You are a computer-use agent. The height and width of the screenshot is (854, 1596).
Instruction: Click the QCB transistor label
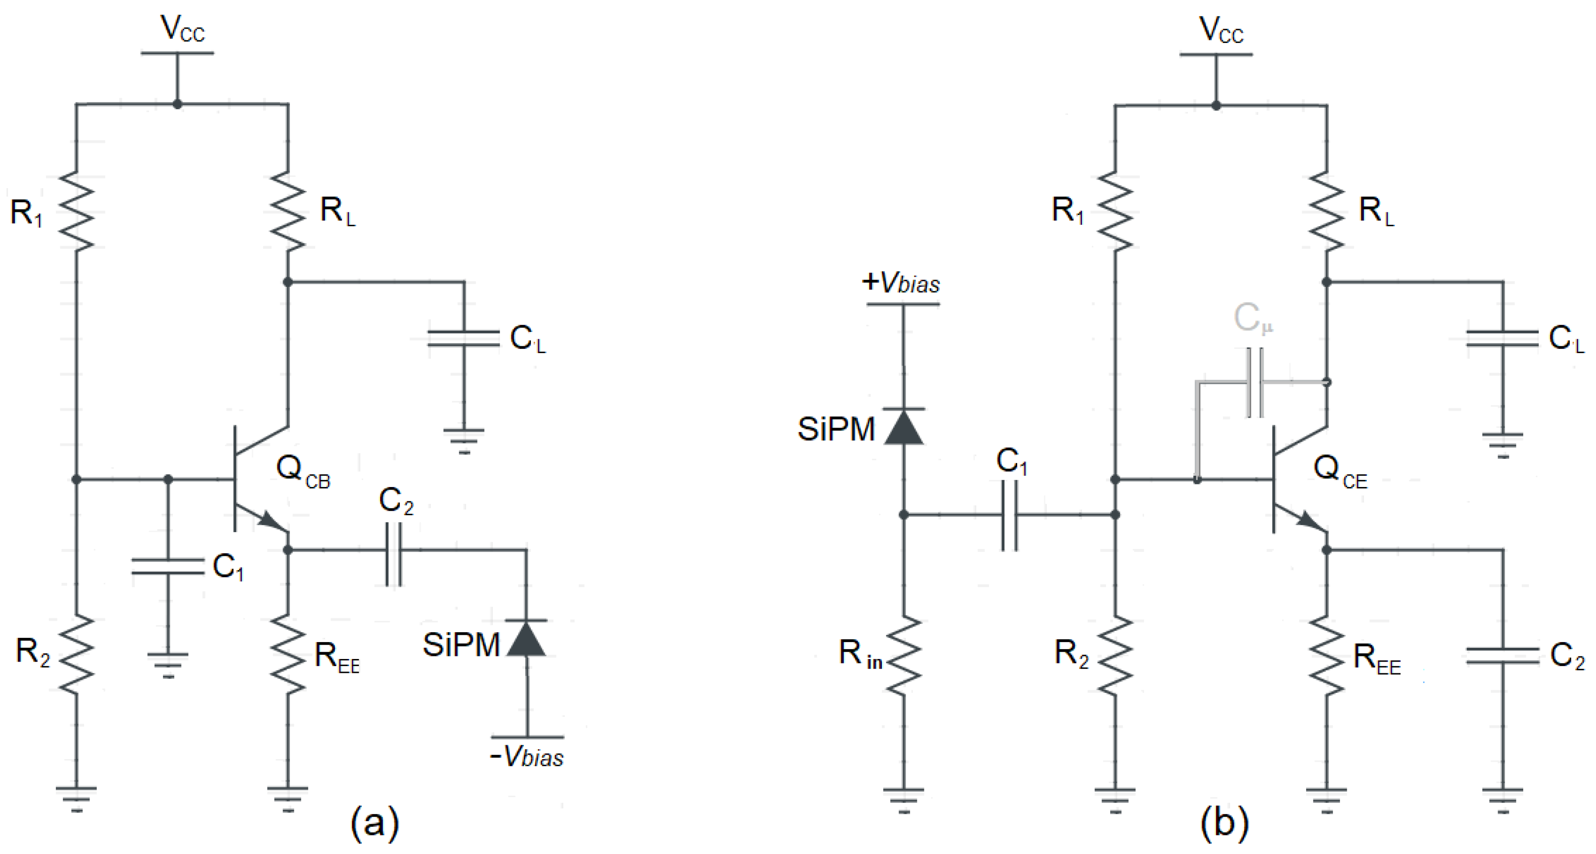point(303,471)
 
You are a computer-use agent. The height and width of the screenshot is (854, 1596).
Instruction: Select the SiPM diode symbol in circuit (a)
point(527,639)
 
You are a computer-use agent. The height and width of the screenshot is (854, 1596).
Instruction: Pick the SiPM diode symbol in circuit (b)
point(904,427)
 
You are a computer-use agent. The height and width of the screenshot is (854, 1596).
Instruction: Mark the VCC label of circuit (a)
point(182,29)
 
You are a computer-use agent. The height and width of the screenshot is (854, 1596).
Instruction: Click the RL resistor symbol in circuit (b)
point(1326,211)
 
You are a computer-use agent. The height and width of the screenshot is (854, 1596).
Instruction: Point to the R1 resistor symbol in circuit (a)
point(76,211)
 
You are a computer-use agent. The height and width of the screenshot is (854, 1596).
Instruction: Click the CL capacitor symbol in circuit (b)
point(1502,339)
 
